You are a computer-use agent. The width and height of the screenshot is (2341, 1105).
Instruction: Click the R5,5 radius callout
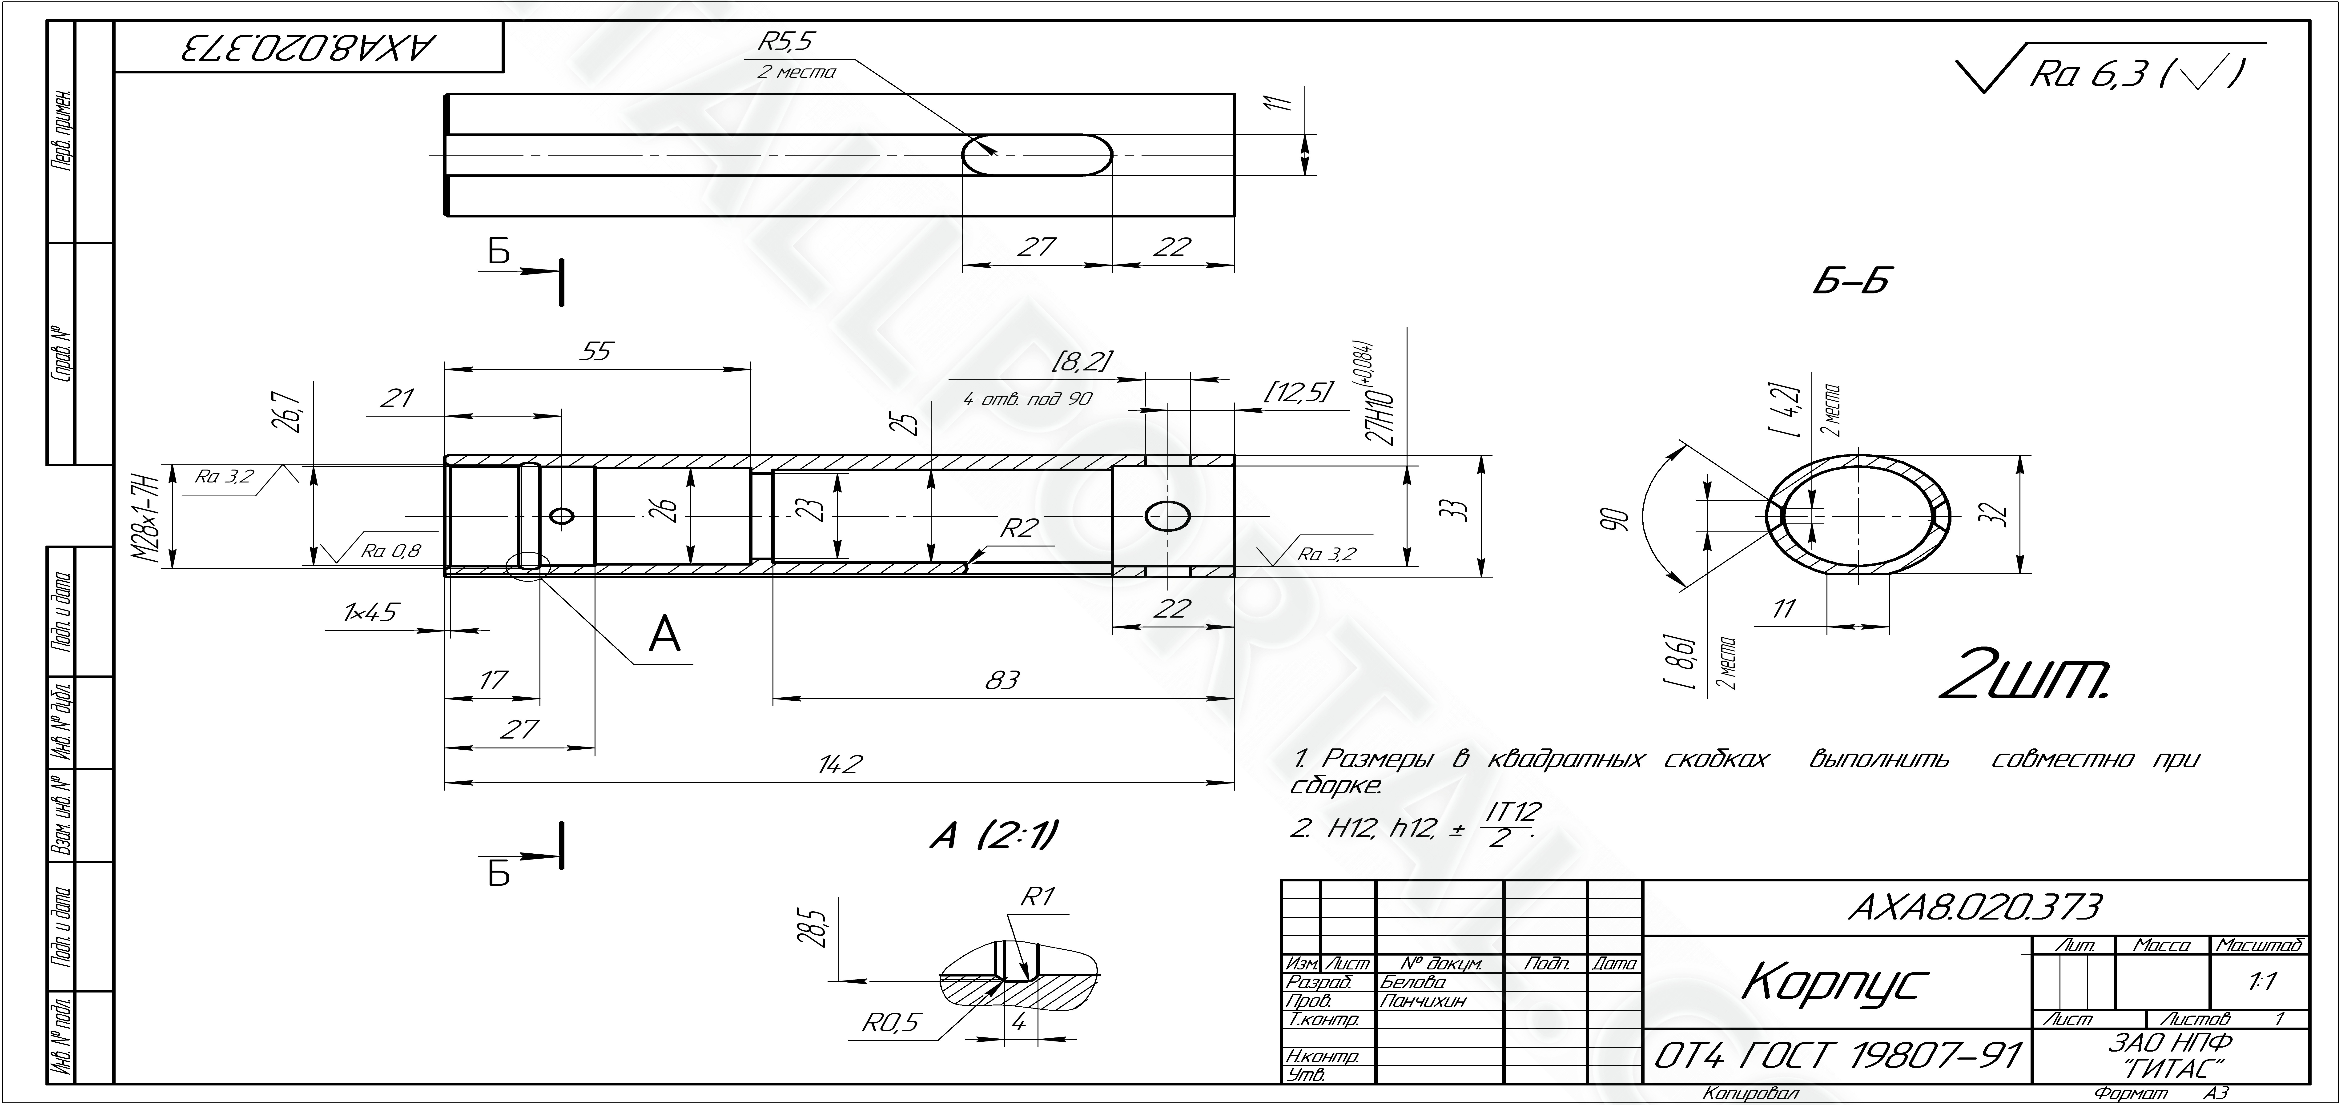[787, 41]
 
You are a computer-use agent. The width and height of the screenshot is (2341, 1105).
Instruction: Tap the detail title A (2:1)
[994, 835]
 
